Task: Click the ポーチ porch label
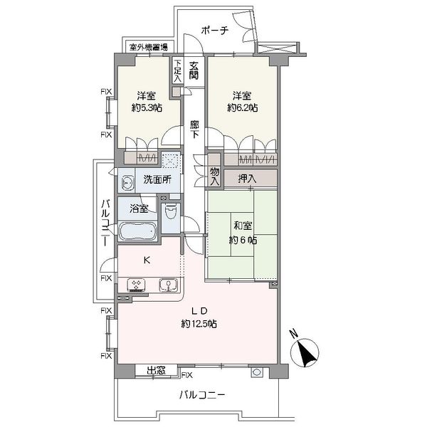(x=215, y=30)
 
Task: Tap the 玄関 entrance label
(x=194, y=70)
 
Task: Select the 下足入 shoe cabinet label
(x=177, y=70)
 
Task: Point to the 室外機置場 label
(x=149, y=47)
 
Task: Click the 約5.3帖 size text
(x=147, y=108)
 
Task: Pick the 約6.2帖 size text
(x=243, y=108)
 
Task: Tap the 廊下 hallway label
(x=194, y=130)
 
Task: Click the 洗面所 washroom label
(x=157, y=179)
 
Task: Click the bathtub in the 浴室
(x=138, y=231)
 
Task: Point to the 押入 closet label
(x=247, y=179)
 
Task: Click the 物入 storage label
(x=215, y=176)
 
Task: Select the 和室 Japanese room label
(x=243, y=226)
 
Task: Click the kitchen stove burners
(x=136, y=285)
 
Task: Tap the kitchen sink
(x=168, y=285)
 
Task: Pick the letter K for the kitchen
(x=147, y=260)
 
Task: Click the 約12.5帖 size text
(x=199, y=324)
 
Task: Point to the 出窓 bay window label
(x=156, y=370)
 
